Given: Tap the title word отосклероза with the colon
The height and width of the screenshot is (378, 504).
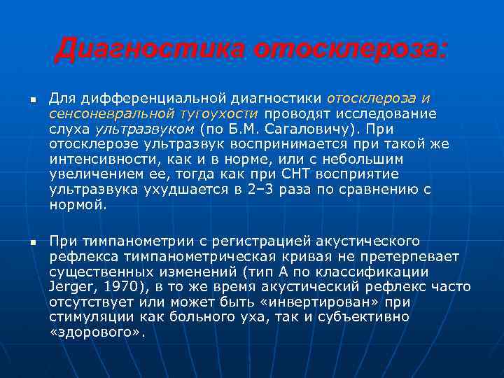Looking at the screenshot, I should click(350, 49).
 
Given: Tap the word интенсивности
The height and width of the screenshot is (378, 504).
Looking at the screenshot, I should click(93, 160).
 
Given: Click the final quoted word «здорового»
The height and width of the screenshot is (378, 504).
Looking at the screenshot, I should click(98, 332).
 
